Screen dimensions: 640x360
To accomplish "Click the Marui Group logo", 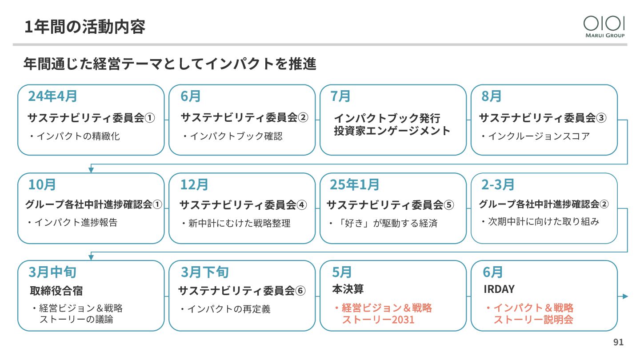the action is click(604, 27).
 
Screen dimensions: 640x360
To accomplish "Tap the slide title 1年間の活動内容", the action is click(85, 27).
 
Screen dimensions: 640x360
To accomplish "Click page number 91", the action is click(618, 342).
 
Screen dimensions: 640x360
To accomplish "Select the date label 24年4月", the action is click(52, 96).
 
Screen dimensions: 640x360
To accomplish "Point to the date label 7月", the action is click(340, 96).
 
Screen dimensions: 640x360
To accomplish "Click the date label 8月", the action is click(492, 96).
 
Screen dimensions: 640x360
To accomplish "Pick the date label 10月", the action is click(42, 184).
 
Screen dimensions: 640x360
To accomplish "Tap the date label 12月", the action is click(194, 184).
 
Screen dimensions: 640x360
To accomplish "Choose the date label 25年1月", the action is click(355, 184).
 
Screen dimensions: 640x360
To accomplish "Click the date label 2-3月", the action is click(498, 184).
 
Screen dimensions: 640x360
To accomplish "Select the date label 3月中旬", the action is click(52, 272).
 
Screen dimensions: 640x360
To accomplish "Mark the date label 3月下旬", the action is click(204, 272).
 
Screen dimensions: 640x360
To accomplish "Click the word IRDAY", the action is click(499, 289).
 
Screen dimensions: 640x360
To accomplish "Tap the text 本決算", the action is click(348, 289).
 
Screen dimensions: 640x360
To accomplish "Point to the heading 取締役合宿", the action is click(56, 291).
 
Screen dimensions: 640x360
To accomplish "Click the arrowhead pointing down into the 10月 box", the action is click(91, 170).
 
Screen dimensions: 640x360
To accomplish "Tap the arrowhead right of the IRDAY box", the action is click(625, 296).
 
